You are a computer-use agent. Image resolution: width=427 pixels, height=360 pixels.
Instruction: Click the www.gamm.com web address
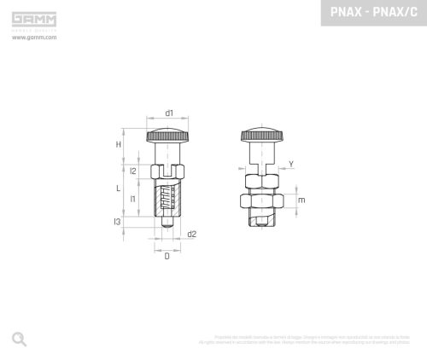[34, 38]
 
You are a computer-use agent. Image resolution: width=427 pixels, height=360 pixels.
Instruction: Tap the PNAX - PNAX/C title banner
[373, 13]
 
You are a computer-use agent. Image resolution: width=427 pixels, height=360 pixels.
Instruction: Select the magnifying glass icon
[19, 339]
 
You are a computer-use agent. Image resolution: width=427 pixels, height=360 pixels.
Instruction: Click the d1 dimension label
[169, 113]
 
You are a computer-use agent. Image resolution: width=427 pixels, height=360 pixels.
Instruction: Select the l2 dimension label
[133, 172]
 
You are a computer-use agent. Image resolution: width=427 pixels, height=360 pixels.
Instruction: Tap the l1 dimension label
[133, 199]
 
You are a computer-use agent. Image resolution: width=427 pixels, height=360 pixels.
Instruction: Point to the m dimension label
[301, 201]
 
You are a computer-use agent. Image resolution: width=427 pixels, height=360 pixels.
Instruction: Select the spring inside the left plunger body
[169, 201]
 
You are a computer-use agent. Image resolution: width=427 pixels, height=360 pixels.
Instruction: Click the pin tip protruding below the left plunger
[167, 222]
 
